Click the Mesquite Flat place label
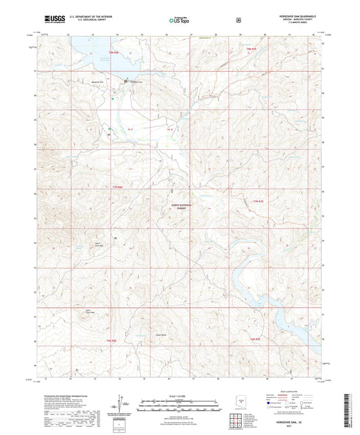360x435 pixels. coord(117,80)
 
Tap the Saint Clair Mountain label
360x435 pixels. coord(97,242)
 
